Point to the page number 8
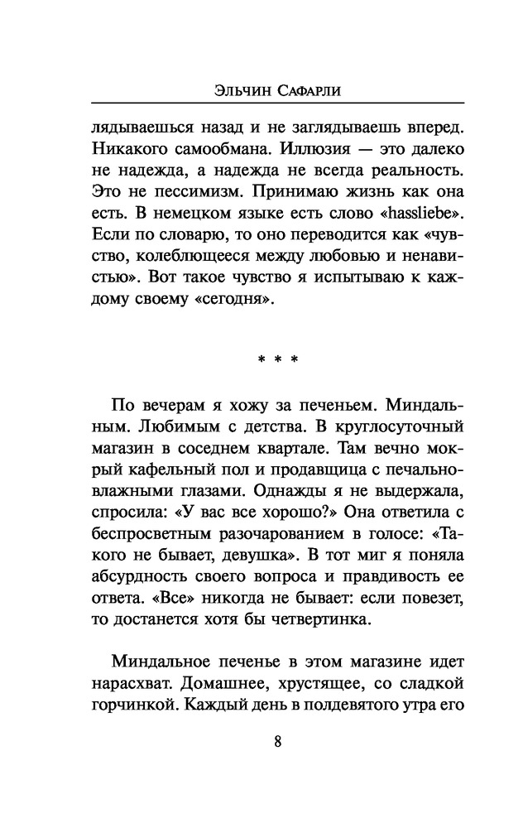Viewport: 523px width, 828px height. point(277,741)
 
